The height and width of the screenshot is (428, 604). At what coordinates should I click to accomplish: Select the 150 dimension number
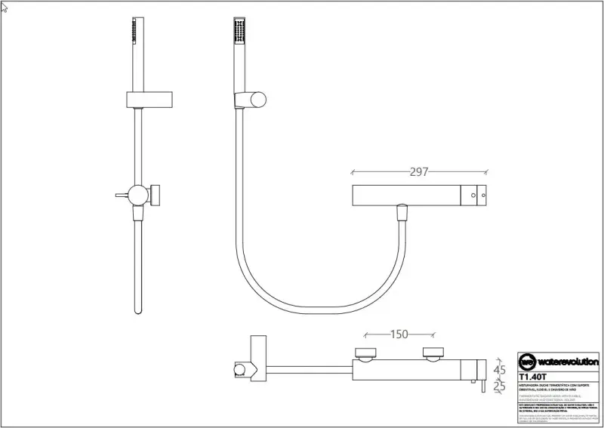pos(400,334)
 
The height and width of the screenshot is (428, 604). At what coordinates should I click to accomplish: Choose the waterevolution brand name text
pos(568,362)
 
